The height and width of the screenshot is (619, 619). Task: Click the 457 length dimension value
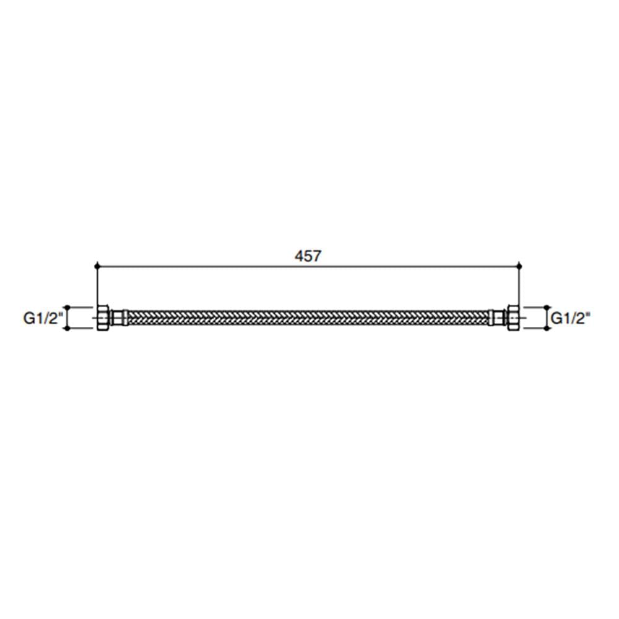(x=308, y=256)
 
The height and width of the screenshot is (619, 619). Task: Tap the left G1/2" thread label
(x=43, y=318)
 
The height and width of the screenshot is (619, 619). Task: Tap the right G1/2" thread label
(x=571, y=318)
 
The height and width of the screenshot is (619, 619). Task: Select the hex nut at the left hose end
(x=103, y=318)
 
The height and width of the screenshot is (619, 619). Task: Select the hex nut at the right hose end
(x=513, y=318)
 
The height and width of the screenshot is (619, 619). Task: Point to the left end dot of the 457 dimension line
(x=97, y=266)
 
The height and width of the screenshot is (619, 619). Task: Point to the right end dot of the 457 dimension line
(x=519, y=266)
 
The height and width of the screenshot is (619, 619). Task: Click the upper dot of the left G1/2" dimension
(x=67, y=307)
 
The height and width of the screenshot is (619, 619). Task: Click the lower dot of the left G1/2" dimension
(x=67, y=329)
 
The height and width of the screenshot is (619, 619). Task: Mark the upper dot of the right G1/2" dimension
(x=547, y=307)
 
